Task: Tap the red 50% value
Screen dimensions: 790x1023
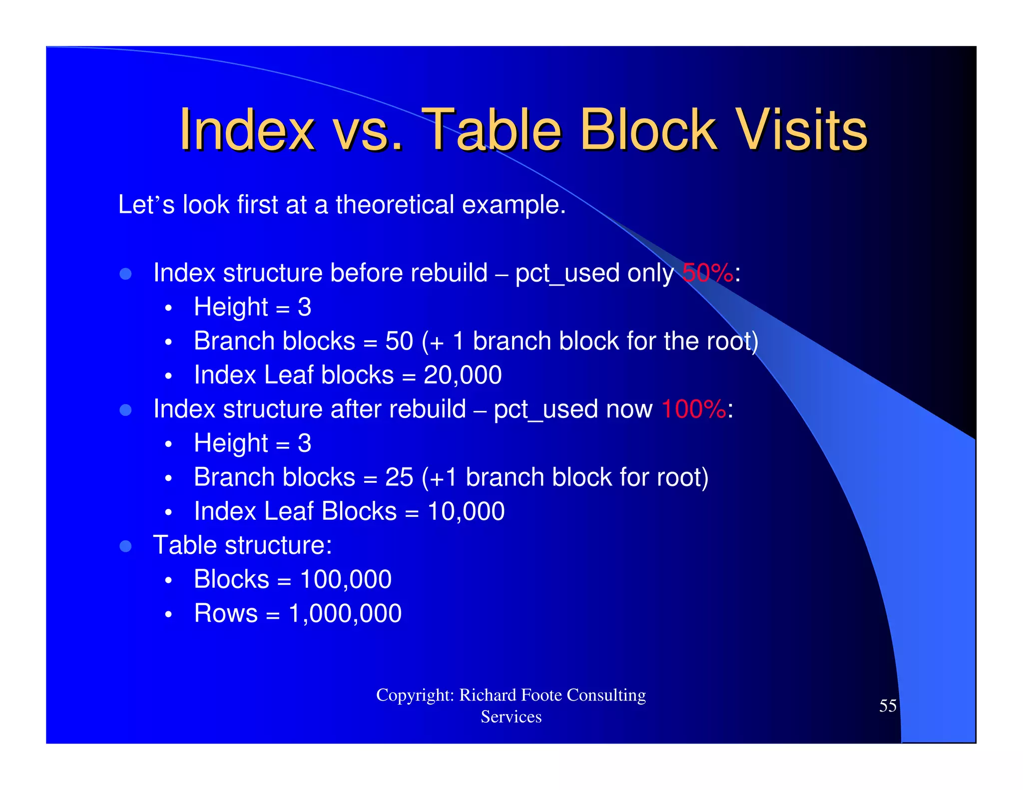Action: click(707, 273)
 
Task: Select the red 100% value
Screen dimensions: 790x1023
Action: click(693, 409)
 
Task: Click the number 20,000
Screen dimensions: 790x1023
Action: click(463, 375)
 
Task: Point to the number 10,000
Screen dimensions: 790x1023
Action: click(466, 511)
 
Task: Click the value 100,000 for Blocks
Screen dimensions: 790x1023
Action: click(346, 580)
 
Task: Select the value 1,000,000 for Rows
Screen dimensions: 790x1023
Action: click(345, 614)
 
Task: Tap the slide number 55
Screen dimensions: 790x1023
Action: click(888, 706)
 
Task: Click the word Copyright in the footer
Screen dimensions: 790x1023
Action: click(414, 695)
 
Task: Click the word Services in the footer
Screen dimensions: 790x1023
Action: click(511, 717)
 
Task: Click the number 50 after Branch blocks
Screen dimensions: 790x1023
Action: click(399, 341)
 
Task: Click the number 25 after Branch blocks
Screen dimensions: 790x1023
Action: click(399, 477)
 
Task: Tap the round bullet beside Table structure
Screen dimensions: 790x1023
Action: click(126, 546)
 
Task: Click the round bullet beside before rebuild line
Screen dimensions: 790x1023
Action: click(126, 274)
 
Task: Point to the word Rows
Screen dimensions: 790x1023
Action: click(226, 614)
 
